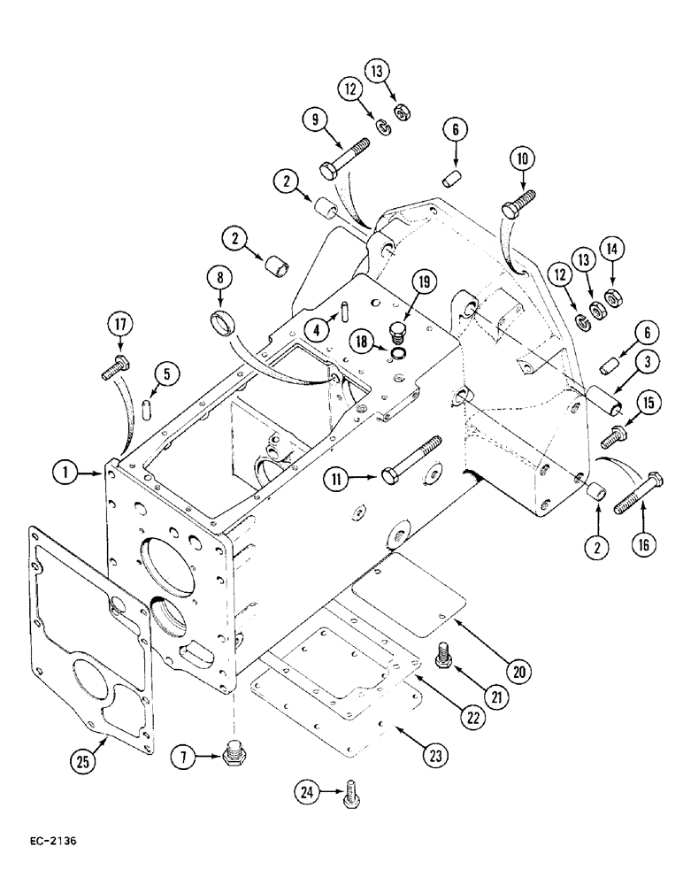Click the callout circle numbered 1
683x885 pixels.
click(x=64, y=475)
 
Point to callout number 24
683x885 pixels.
click(x=306, y=795)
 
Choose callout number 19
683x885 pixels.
click(x=423, y=283)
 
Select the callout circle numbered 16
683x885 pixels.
click(x=644, y=543)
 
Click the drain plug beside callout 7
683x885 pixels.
click(x=235, y=753)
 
